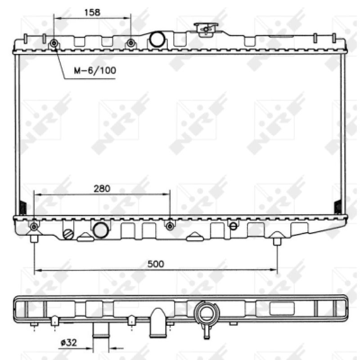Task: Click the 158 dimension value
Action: (92, 12)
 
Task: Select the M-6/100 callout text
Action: (95, 70)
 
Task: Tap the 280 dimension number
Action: (102, 189)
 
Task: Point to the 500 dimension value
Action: (156, 264)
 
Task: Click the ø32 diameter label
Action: (69, 343)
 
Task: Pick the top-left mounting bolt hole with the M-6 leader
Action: (54, 43)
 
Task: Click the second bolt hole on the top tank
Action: (131, 43)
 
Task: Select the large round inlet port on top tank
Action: (157, 39)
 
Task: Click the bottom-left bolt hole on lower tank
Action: (34, 227)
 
